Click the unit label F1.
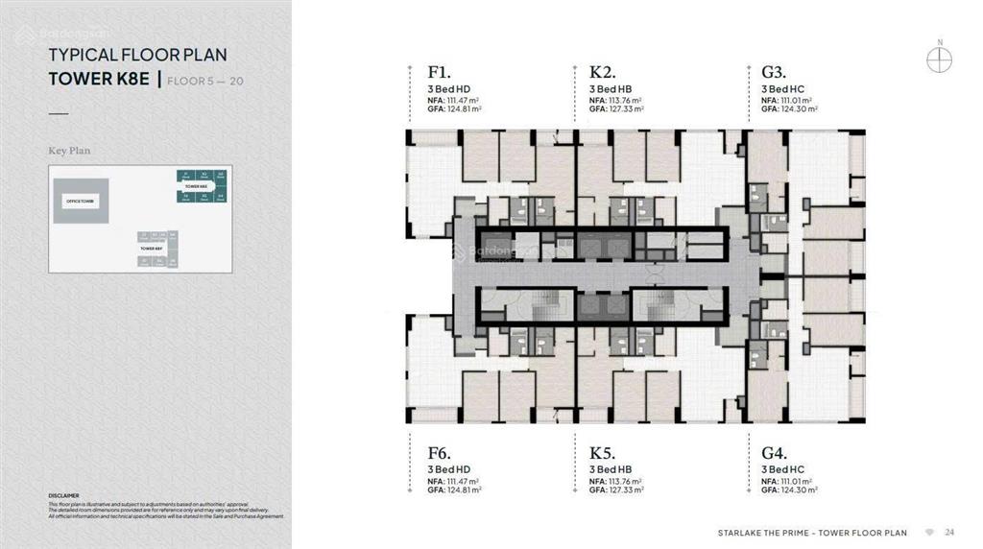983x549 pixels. tap(439, 72)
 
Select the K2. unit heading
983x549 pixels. tap(602, 72)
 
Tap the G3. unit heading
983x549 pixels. tap(774, 72)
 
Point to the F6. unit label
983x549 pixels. tap(439, 452)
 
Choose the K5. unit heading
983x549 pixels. tap(602, 452)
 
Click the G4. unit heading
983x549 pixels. tap(774, 452)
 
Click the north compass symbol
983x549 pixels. tap(939, 59)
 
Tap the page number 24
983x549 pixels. tap(949, 532)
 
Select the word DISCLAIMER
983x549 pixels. tap(63, 496)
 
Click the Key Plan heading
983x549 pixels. tap(69, 151)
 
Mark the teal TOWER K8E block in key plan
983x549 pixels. tap(201, 186)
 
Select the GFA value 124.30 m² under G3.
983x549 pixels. tap(798, 109)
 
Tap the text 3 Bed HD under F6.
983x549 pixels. tap(449, 469)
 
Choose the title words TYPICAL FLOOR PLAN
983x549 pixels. tap(137, 56)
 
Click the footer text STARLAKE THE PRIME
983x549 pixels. tap(759, 532)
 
